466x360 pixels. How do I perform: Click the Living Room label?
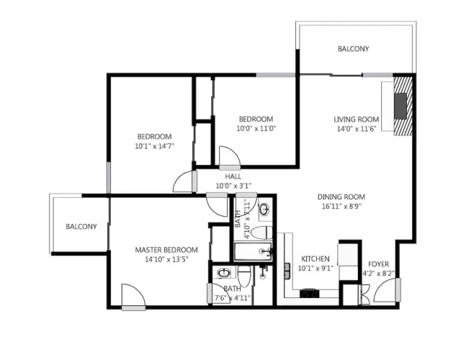(356, 120)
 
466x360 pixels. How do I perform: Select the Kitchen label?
(315, 258)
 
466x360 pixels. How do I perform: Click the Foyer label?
(378, 264)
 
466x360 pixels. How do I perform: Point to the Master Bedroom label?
(166, 250)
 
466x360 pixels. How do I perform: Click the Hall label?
(233, 176)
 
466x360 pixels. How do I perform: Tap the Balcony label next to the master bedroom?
(81, 227)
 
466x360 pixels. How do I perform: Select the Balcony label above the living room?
(353, 49)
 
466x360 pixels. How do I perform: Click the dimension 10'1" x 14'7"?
(154, 146)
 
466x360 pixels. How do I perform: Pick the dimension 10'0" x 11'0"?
(256, 129)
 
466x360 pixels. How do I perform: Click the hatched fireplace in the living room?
(403, 106)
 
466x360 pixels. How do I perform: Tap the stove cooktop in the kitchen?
(310, 294)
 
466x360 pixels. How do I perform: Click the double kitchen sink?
(287, 271)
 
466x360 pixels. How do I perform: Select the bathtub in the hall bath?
(253, 252)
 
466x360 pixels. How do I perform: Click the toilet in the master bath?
(244, 275)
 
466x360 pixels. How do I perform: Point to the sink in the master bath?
(223, 272)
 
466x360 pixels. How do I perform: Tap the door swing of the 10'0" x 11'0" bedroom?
(230, 156)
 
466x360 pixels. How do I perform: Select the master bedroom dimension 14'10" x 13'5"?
(166, 259)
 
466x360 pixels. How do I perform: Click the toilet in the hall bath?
(261, 233)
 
